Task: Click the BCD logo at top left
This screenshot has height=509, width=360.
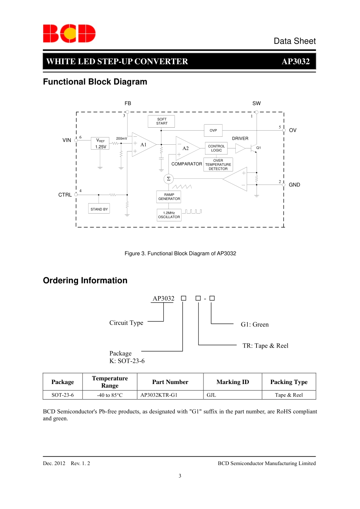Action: point(69,33)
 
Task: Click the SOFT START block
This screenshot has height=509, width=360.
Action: point(161,121)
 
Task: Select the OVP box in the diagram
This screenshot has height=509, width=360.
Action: point(213,130)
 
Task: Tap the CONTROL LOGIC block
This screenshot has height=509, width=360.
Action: point(216,148)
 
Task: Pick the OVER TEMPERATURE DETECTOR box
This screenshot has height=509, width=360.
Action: point(218,165)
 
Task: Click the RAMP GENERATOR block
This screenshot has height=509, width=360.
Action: point(169,197)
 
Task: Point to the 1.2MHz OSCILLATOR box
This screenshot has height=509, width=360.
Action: point(169,215)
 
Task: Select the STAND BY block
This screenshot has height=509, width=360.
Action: point(99,209)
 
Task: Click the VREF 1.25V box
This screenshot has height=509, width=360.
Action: point(100,144)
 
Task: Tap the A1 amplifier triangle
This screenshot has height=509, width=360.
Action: point(142,145)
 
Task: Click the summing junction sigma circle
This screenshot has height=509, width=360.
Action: point(169,179)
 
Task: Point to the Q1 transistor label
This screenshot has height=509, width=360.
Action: point(258,148)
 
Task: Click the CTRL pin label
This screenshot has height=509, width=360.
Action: point(65,195)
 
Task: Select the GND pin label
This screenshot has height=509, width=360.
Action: point(294,185)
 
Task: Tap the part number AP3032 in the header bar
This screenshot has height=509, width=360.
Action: point(296,61)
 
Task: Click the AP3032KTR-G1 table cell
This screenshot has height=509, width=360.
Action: point(159,395)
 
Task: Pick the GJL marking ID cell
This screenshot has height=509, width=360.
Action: point(211,395)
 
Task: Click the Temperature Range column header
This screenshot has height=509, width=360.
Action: point(110,382)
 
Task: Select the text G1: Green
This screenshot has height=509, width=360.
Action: point(255,325)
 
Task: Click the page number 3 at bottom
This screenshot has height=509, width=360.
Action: point(180,476)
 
